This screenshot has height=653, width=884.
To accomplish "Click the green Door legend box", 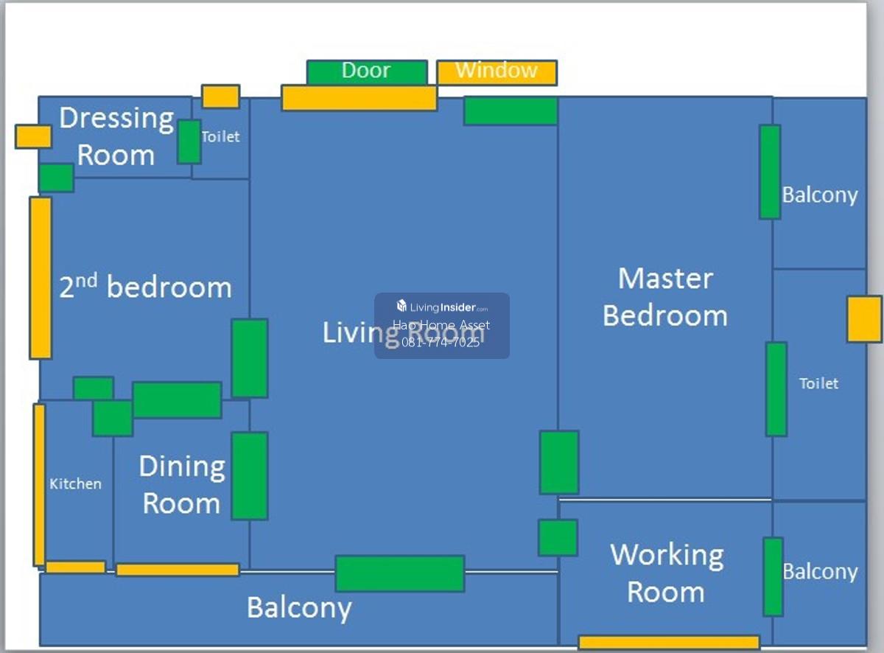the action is tap(367, 71).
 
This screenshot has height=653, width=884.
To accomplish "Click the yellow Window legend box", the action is tap(497, 73).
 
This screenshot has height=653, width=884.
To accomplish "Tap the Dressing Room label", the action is tap(116, 136).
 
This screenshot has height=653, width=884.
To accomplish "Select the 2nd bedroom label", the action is tap(145, 286).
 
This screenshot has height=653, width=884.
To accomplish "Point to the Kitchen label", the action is tap(75, 484).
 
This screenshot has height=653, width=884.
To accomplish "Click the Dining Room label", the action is tap(182, 484).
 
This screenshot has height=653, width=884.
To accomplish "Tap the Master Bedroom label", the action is tap(665, 297).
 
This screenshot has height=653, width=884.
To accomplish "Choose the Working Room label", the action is tap(667, 573).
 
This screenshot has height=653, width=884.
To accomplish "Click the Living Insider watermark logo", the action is tap(442, 307).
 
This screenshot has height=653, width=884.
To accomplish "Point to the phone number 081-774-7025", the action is tap(441, 343).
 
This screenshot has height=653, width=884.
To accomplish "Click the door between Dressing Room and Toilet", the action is tap(189, 142).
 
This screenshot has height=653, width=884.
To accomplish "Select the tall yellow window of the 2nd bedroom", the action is tap(41, 278).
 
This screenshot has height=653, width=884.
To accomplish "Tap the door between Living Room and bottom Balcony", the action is tap(400, 573).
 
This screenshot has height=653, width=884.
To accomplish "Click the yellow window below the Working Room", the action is tap(669, 643).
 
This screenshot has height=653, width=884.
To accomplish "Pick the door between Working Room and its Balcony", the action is tap(773, 577).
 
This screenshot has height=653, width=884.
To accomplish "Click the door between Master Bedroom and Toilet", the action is tap(776, 389).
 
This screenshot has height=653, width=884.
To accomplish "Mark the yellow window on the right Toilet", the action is tap(864, 319).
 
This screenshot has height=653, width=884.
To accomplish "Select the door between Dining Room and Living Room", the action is tap(250, 476).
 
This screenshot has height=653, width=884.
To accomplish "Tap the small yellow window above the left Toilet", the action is tap(221, 96).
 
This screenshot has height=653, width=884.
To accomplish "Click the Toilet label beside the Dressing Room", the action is tap(221, 137).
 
